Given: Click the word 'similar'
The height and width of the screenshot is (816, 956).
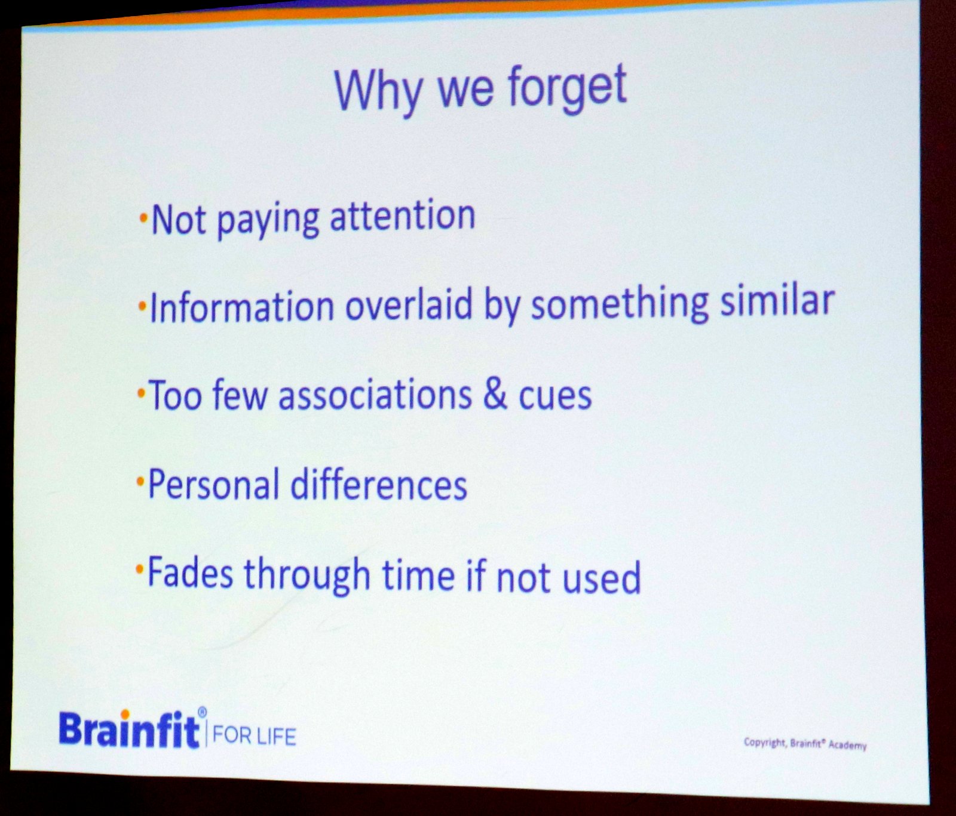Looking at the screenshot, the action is (x=777, y=299).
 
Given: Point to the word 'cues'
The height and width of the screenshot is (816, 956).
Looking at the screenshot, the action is (x=555, y=396).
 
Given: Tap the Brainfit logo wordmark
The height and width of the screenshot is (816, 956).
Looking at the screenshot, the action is (x=129, y=728).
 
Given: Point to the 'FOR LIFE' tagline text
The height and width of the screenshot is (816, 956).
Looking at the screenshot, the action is (x=254, y=735).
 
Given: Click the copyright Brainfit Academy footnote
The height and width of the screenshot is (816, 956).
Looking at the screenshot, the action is (x=805, y=744).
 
